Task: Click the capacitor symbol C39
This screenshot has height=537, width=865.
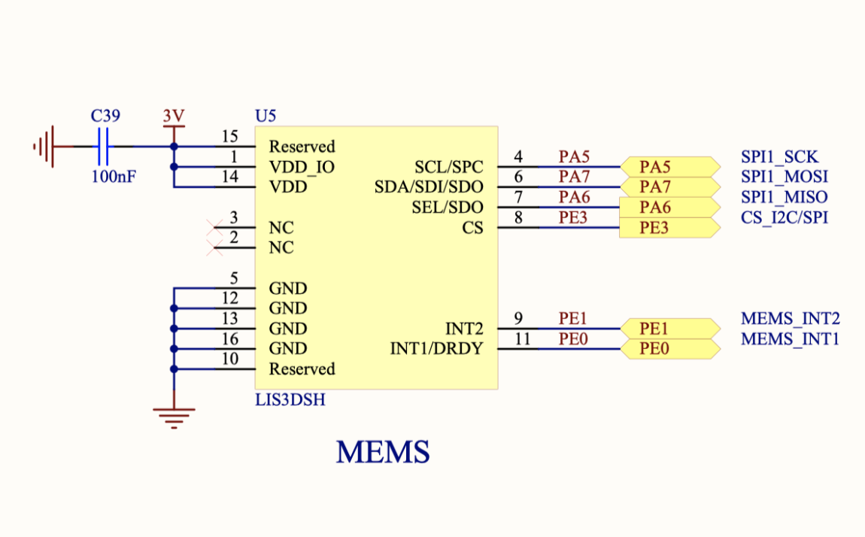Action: (104, 146)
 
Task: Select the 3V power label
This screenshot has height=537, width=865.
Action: (174, 117)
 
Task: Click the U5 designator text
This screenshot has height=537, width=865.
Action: (266, 116)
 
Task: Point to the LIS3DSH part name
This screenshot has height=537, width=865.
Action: (290, 399)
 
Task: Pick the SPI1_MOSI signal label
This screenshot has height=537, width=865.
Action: (784, 177)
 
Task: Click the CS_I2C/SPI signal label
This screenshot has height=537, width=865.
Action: (784, 218)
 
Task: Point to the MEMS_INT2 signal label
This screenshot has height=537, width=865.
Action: (790, 319)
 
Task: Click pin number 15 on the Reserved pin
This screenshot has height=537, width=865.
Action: (230, 136)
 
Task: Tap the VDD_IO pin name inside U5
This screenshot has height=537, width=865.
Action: (302, 167)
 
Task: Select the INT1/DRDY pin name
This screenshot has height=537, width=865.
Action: (436, 349)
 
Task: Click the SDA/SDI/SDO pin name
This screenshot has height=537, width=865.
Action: (429, 187)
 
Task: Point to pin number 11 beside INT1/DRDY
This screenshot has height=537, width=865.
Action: (522, 339)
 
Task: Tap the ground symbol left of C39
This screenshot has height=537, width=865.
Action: (44, 146)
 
